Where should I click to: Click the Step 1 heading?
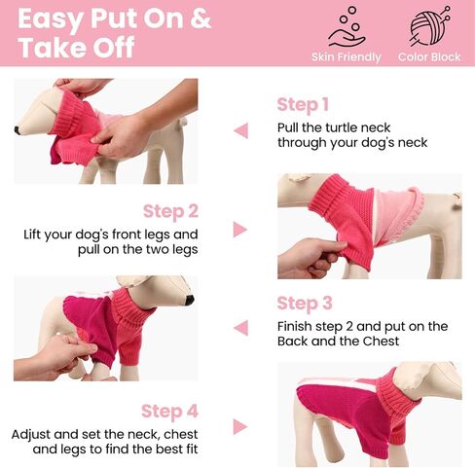click(x=303, y=105)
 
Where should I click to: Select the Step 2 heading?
click(x=170, y=211)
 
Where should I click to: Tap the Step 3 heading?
click(x=305, y=304)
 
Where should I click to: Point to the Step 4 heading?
click(x=169, y=412)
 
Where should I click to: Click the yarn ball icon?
click(x=429, y=26)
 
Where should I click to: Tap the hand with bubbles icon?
click(x=347, y=27)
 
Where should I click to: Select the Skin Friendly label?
click(x=347, y=57)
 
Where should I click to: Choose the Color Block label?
click(x=429, y=57)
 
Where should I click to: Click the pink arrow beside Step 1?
click(x=241, y=130)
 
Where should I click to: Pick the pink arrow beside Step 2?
click(x=240, y=230)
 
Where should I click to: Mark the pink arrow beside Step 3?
click(x=241, y=328)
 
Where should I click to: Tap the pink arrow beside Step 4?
click(x=240, y=426)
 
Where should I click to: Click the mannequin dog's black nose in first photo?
click(x=17, y=130)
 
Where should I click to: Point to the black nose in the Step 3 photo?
click(x=189, y=300)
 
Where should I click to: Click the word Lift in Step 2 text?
click(x=33, y=234)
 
